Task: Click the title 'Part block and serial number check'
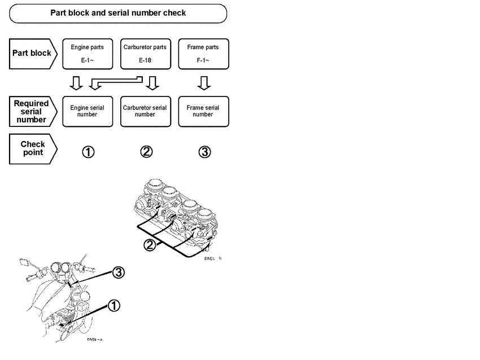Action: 118,13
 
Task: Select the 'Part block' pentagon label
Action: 33,54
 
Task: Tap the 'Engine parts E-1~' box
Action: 87,54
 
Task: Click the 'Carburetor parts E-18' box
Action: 145,54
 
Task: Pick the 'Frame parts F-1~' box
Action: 203,54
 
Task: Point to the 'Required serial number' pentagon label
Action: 32,111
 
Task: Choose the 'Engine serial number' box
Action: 87,111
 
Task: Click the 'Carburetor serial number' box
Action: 145,111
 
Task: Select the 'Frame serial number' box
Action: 203,111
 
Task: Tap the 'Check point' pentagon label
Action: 32,148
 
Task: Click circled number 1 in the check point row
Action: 89,152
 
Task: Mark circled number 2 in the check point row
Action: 146,152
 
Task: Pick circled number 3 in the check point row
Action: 205,152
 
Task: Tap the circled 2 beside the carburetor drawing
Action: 150,245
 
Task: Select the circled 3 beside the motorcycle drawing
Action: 118,273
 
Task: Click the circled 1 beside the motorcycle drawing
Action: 114,306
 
